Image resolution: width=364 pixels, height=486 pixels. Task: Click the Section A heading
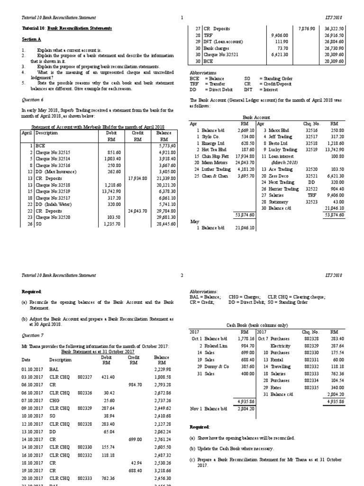32,39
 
